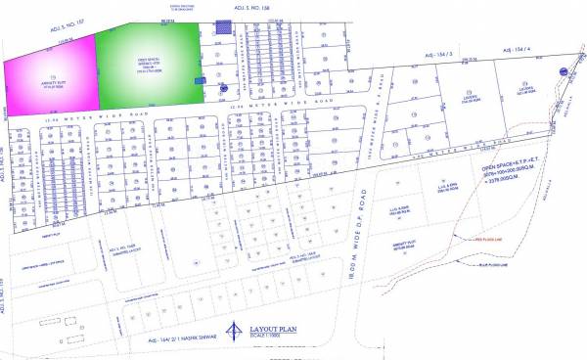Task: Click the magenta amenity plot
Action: [50, 74]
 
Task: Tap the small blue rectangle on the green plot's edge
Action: [201, 81]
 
